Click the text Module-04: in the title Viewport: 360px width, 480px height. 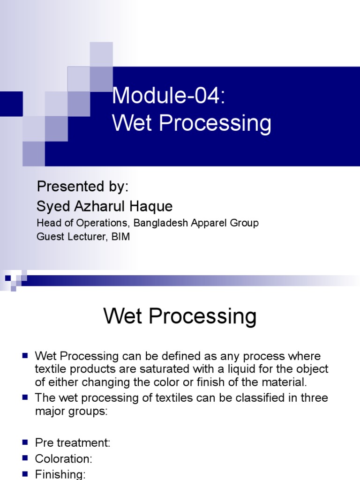169,96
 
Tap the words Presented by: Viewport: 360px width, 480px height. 82,187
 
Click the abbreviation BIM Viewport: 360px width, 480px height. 120,237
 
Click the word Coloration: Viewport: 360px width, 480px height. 64,458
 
